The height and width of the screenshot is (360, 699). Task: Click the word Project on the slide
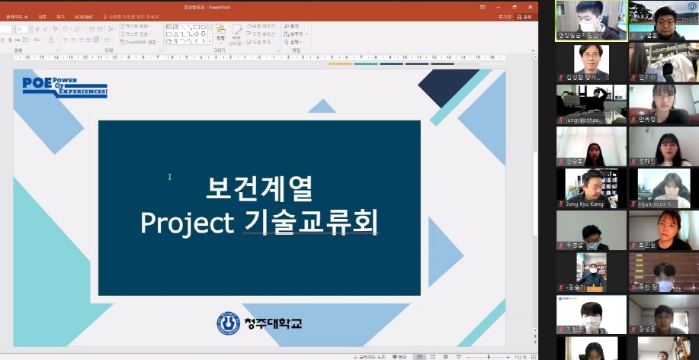(x=187, y=223)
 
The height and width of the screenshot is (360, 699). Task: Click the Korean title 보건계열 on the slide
(x=259, y=188)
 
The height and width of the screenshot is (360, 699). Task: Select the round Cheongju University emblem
(x=228, y=323)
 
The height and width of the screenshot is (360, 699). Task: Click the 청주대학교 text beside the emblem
(x=273, y=323)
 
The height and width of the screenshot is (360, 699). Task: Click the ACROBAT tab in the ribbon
(x=83, y=16)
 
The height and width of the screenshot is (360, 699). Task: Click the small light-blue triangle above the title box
(x=321, y=107)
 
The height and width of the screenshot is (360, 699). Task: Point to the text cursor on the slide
(x=169, y=177)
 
